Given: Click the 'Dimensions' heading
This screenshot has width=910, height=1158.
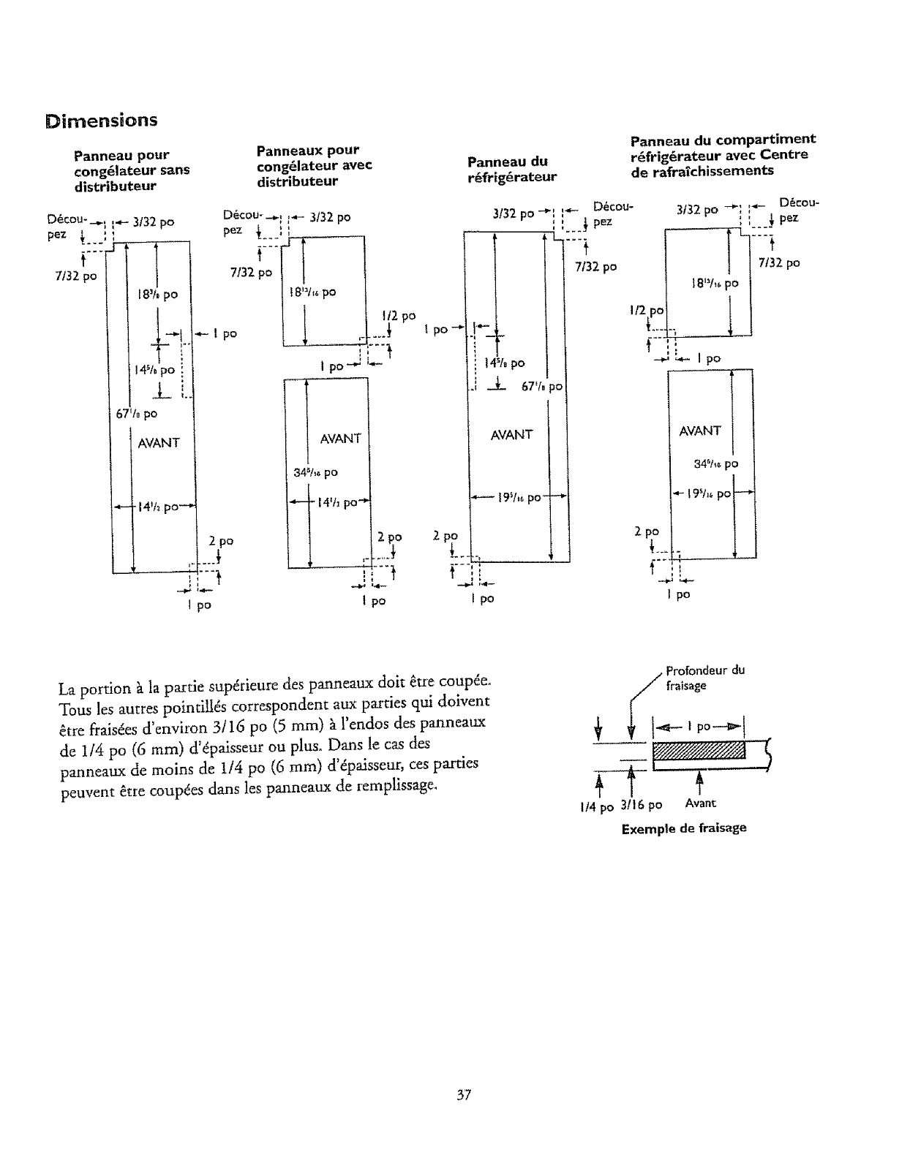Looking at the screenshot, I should point(101,120).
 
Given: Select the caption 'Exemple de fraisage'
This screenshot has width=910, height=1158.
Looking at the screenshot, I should point(684,828).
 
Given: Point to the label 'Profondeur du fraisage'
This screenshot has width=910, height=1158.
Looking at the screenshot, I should point(704,678).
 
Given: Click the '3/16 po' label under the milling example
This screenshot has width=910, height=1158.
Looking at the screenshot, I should point(640,805).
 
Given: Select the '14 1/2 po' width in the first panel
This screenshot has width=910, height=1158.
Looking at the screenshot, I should point(156,507).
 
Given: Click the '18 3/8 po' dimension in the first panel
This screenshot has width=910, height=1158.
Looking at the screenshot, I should point(157,295).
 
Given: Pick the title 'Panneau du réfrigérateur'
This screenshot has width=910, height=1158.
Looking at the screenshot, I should point(512,169).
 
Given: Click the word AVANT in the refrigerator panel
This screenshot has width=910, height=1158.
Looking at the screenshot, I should point(511,434).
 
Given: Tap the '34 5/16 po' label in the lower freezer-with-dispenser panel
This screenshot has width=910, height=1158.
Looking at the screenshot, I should point(316,472).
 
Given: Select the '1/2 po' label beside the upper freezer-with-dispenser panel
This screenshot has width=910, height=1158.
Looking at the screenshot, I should point(399,316).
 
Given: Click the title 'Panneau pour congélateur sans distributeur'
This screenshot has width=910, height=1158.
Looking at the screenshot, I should point(131,170).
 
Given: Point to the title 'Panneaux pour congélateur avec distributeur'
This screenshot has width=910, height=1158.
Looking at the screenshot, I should point(314,166).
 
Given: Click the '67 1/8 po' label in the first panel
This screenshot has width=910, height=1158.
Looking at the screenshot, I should point(138,414).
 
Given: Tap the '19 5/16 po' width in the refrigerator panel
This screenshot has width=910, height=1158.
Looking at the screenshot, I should point(518,498).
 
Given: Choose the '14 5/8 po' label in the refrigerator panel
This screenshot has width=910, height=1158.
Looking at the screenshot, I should point(508,363).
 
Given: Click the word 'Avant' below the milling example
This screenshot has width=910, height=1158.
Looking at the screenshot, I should point(700,803).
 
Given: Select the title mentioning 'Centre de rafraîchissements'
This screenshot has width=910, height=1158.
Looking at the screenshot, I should point(722,155).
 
